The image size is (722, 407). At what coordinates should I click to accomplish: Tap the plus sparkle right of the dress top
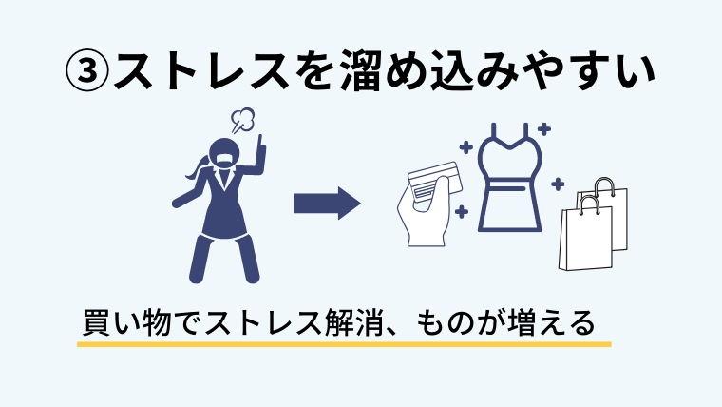(543, 128)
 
